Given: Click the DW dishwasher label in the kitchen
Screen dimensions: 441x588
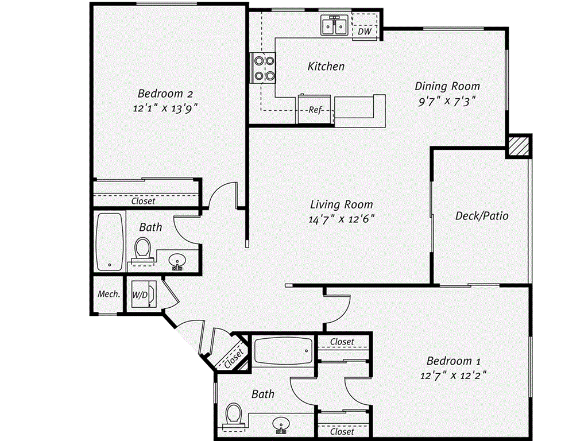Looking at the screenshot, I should click(x=364, y=32).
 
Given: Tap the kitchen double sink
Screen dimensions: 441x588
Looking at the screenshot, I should click(x=333, y=26).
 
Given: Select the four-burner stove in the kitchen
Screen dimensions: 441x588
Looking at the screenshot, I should click(x=262, y=67).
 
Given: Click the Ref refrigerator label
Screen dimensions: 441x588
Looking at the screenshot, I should click(x=314, y=110).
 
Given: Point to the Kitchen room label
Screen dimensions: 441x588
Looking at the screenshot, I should click(x=326, y=67).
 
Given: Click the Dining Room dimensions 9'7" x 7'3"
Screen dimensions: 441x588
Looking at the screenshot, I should click(x=447, y=100).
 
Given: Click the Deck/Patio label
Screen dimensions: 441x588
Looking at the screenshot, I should click(x=482, y=216).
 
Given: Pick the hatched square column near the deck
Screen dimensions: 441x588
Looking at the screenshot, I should click(x=518, y=146).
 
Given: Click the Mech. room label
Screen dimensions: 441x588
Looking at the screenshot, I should click(x=109, y=294).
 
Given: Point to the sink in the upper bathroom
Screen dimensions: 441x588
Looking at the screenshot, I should click(x=178, y=261).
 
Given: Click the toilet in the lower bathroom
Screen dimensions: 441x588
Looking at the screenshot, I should click(x=234, y=415).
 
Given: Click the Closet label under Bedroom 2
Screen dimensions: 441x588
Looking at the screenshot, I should click(x=143, y=201).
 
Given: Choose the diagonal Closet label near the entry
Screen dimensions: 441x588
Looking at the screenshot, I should click(x=234, y=358).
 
